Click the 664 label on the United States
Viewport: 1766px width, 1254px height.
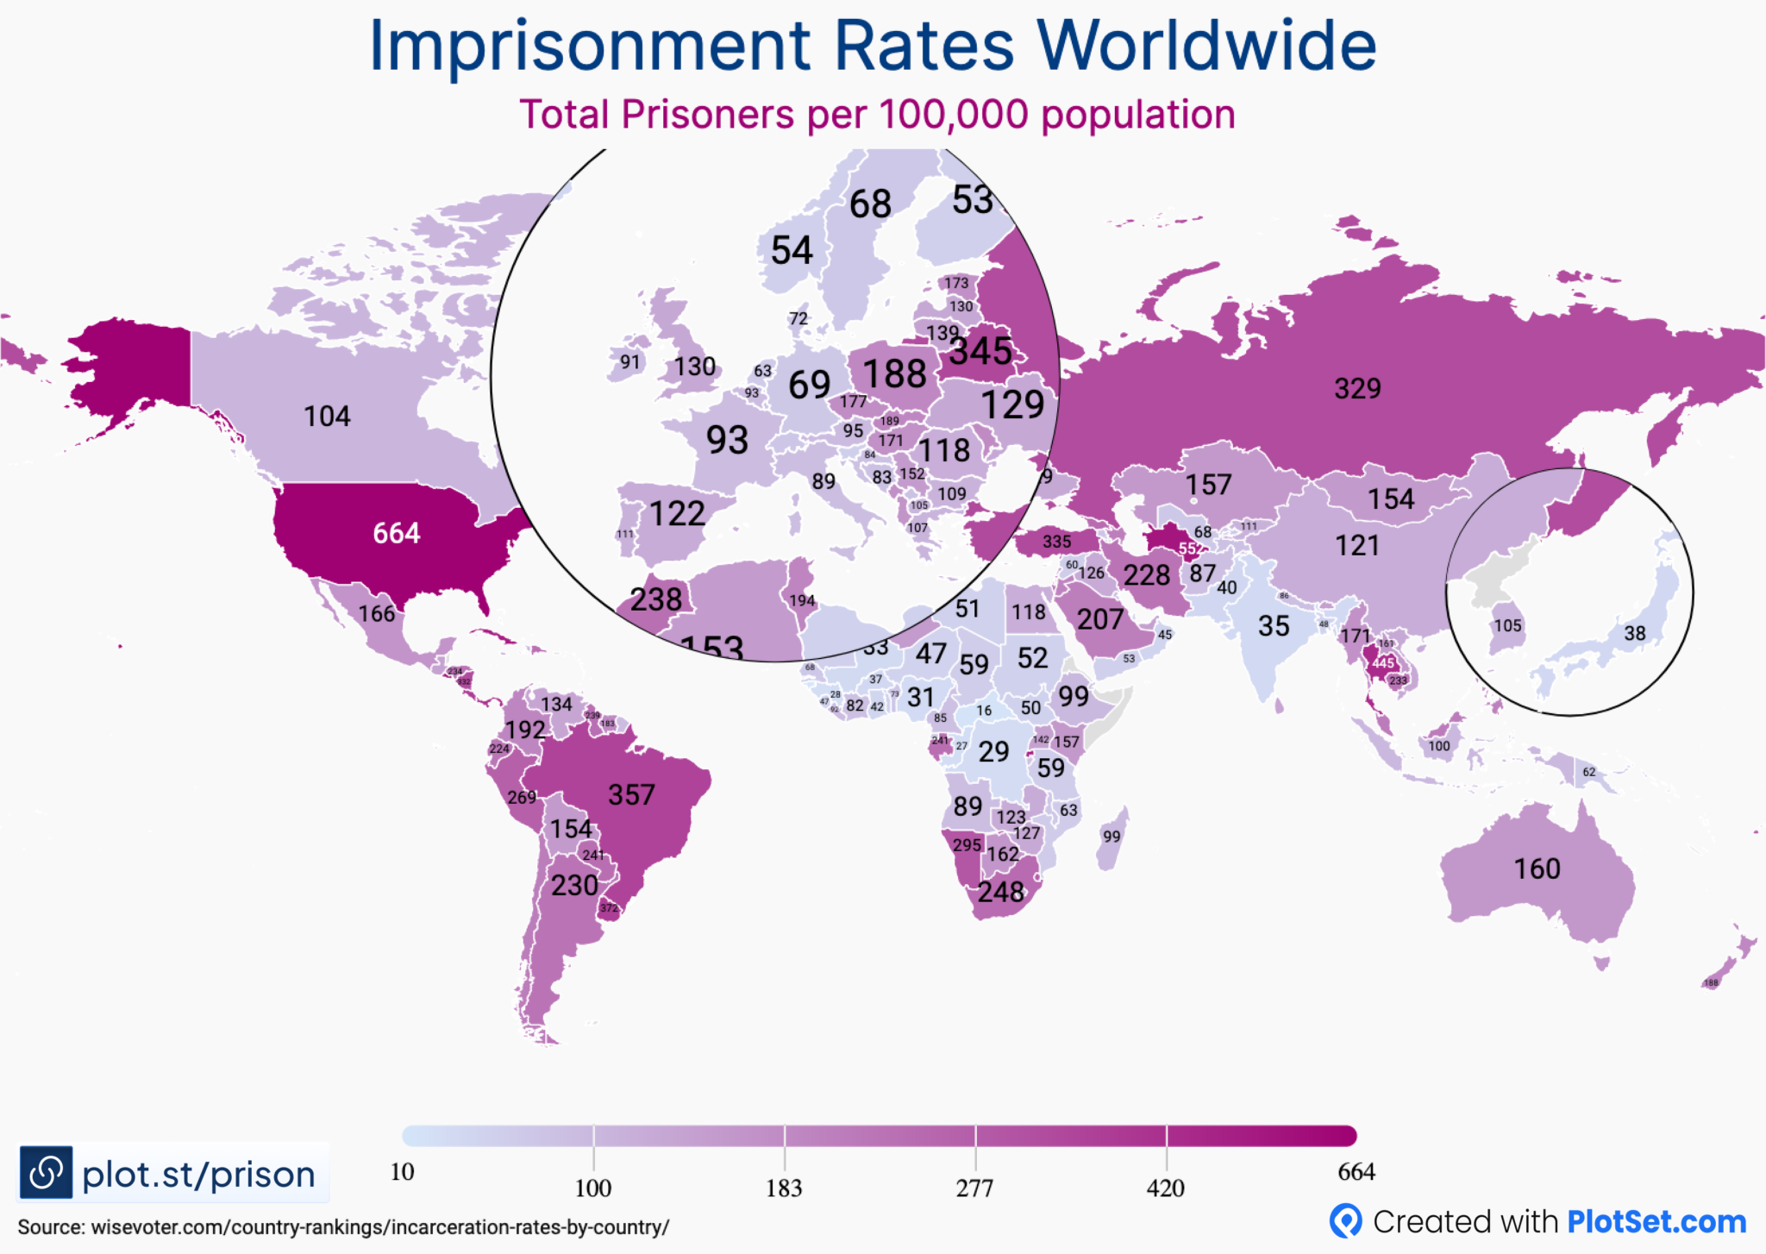396,533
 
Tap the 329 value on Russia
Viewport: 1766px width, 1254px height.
1357,388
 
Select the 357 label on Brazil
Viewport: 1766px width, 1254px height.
631,794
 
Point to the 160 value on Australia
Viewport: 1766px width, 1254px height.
1537,868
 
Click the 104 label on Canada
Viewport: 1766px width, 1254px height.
327,417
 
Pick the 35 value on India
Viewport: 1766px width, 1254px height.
1273,626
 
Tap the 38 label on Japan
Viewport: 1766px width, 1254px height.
1634,633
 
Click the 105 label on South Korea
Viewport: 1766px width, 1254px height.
1507,625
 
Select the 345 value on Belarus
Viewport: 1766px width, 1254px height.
980,351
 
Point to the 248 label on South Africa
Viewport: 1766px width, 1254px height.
1000,892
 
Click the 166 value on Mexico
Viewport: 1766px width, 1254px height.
377,614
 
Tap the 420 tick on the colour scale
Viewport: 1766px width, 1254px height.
1165,1188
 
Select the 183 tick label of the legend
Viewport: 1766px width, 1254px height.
783,1188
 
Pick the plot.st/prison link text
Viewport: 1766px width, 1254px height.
198,1174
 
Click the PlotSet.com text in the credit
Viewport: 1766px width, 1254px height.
1656,1221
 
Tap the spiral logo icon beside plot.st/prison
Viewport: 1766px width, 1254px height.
46,1172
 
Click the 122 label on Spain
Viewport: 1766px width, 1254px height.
677,514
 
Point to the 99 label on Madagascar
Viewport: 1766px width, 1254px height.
1112,836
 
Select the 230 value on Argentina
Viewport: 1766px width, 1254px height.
574,885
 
